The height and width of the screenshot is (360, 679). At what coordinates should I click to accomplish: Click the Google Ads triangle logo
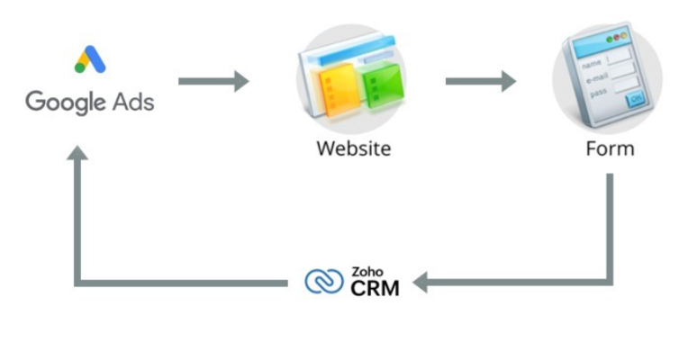[x=90, y=59]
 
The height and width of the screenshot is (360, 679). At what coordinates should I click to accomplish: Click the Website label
[x=353, y=148]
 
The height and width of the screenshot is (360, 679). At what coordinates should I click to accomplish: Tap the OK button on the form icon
[x=635, y=98]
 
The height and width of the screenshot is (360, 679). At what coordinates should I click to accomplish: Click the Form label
[x=610, y=148]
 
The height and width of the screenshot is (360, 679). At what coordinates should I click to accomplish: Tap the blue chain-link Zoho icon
[x=324, y=283]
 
